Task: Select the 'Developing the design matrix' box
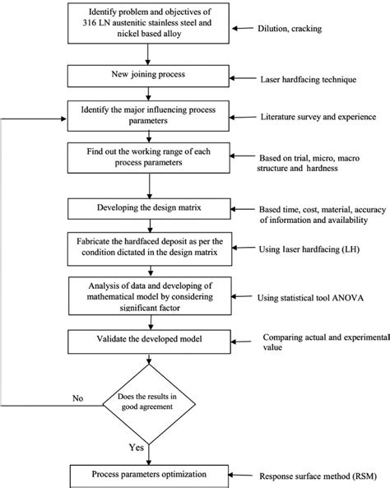[x=148, y=204]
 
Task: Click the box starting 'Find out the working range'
[x=148, y=156]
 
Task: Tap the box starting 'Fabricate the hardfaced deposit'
[x=148, y=244]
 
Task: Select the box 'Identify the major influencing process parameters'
[x=148, y=115]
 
